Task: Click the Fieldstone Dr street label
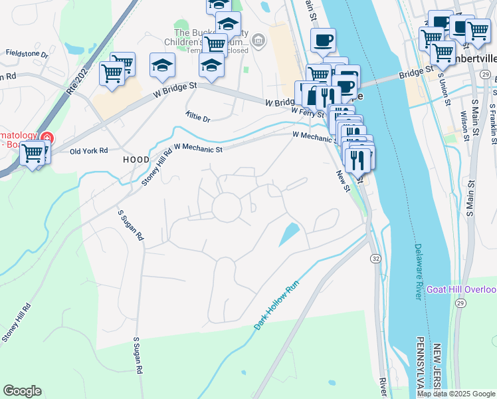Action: (x=27, y=53)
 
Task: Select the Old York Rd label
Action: (x=89, y=151)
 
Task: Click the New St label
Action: (x=342, y=181)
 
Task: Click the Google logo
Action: (x=22, y=391)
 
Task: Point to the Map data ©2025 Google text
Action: (x=456, y=394)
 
